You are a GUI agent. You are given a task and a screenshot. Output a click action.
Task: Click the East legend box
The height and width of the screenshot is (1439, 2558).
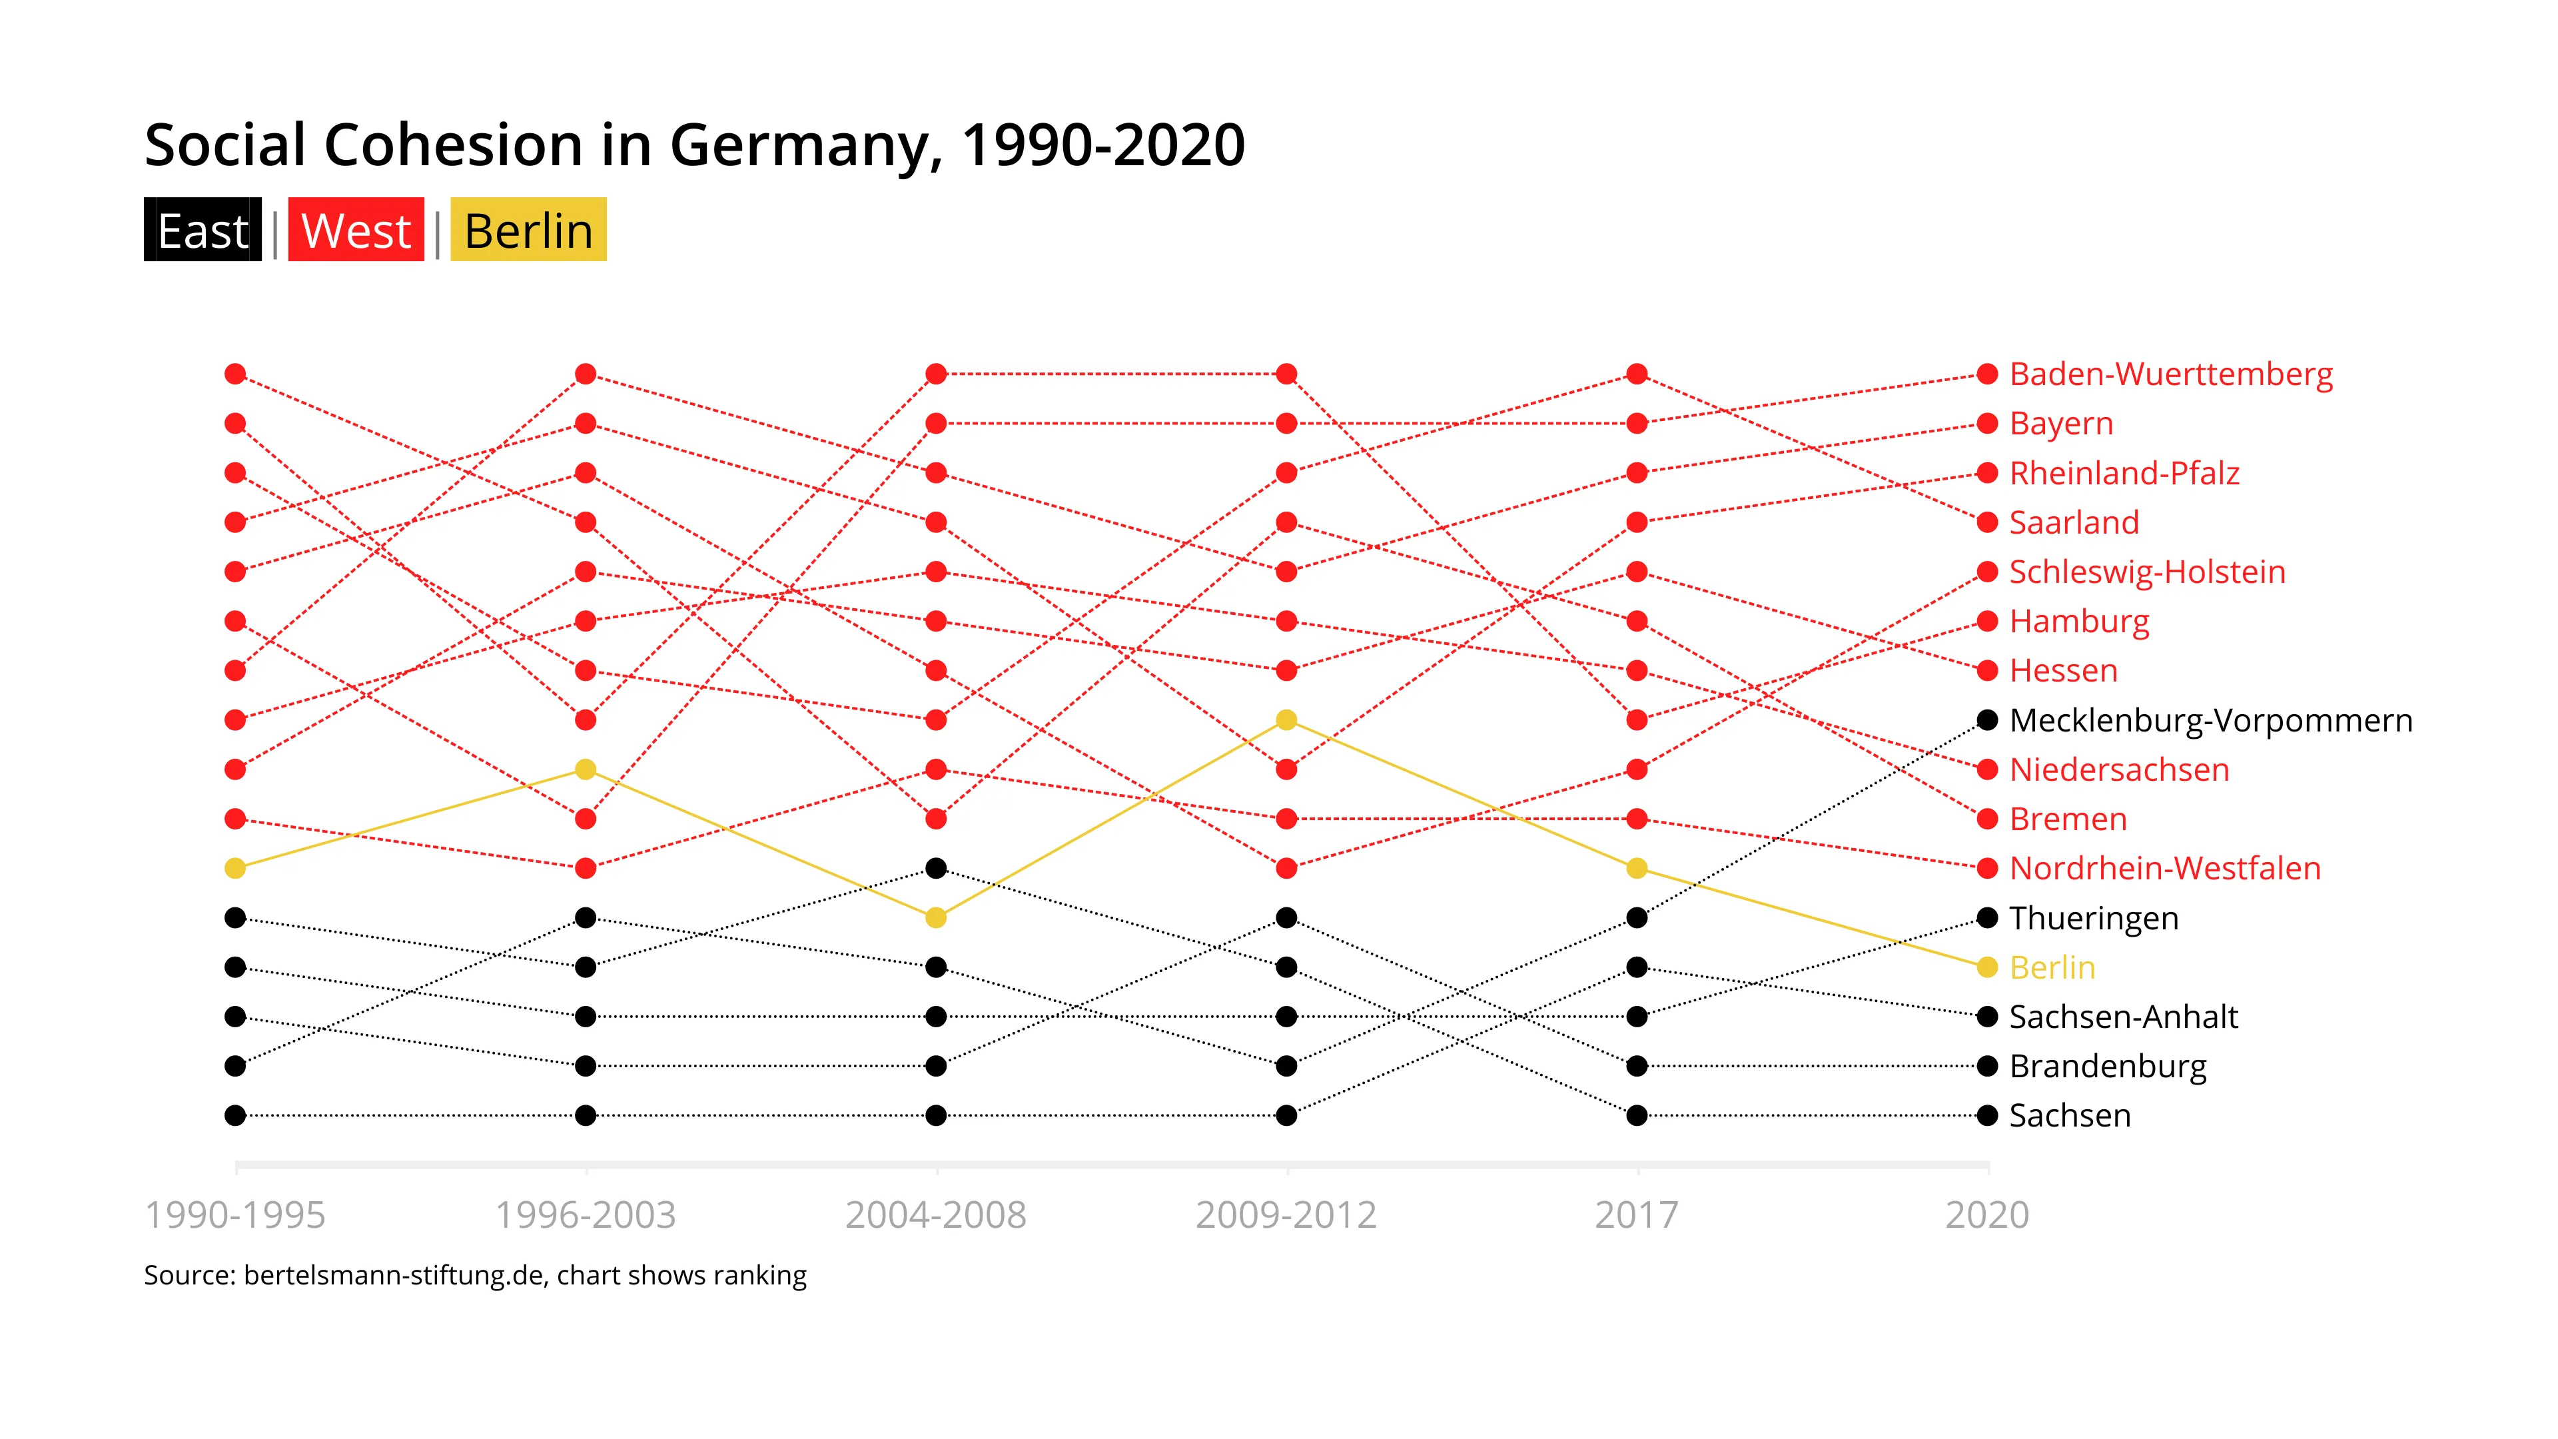point(203,231)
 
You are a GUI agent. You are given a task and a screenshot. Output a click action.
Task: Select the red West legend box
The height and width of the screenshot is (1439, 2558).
point(356,231)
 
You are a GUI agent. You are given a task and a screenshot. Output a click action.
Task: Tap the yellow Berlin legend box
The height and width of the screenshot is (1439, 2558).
point(528,231)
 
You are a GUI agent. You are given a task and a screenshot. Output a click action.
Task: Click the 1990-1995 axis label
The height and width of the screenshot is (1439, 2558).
point(235,1214)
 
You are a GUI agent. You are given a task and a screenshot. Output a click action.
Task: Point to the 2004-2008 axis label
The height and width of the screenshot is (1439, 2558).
point(935,1214)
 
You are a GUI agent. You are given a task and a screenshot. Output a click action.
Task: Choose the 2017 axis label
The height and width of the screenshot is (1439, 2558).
point(1637,1214)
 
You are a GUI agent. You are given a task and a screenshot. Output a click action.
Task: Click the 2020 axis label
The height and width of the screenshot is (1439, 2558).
point(1987,1214)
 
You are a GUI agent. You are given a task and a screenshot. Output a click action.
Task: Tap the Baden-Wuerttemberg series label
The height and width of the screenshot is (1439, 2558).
point(2171,374)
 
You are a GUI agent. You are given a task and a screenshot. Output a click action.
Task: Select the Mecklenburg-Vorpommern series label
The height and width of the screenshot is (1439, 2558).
point(2210,720)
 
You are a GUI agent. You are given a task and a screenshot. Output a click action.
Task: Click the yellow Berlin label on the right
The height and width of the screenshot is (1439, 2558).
point(2052,967)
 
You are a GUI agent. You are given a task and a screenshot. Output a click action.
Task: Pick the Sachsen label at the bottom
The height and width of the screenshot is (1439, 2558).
point(2070,1115)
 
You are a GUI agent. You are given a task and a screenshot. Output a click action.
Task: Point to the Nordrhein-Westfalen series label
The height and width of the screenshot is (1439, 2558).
point(2165,868)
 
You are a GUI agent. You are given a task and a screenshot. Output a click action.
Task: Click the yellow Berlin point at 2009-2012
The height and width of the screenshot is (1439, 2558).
point(1286,720)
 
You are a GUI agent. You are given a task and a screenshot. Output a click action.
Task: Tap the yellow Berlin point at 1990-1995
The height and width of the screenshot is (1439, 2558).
point(235,868)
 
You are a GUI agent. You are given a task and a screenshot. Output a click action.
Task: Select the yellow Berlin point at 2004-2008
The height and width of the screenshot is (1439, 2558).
point(935,917)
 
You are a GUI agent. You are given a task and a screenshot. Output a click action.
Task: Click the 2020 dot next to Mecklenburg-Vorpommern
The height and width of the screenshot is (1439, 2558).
point(1987,720)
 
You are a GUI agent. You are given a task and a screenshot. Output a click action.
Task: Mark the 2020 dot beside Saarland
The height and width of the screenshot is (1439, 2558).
point(1987,522)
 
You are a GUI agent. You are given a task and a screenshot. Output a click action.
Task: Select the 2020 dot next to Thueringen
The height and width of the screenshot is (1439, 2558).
point(1987,917)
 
